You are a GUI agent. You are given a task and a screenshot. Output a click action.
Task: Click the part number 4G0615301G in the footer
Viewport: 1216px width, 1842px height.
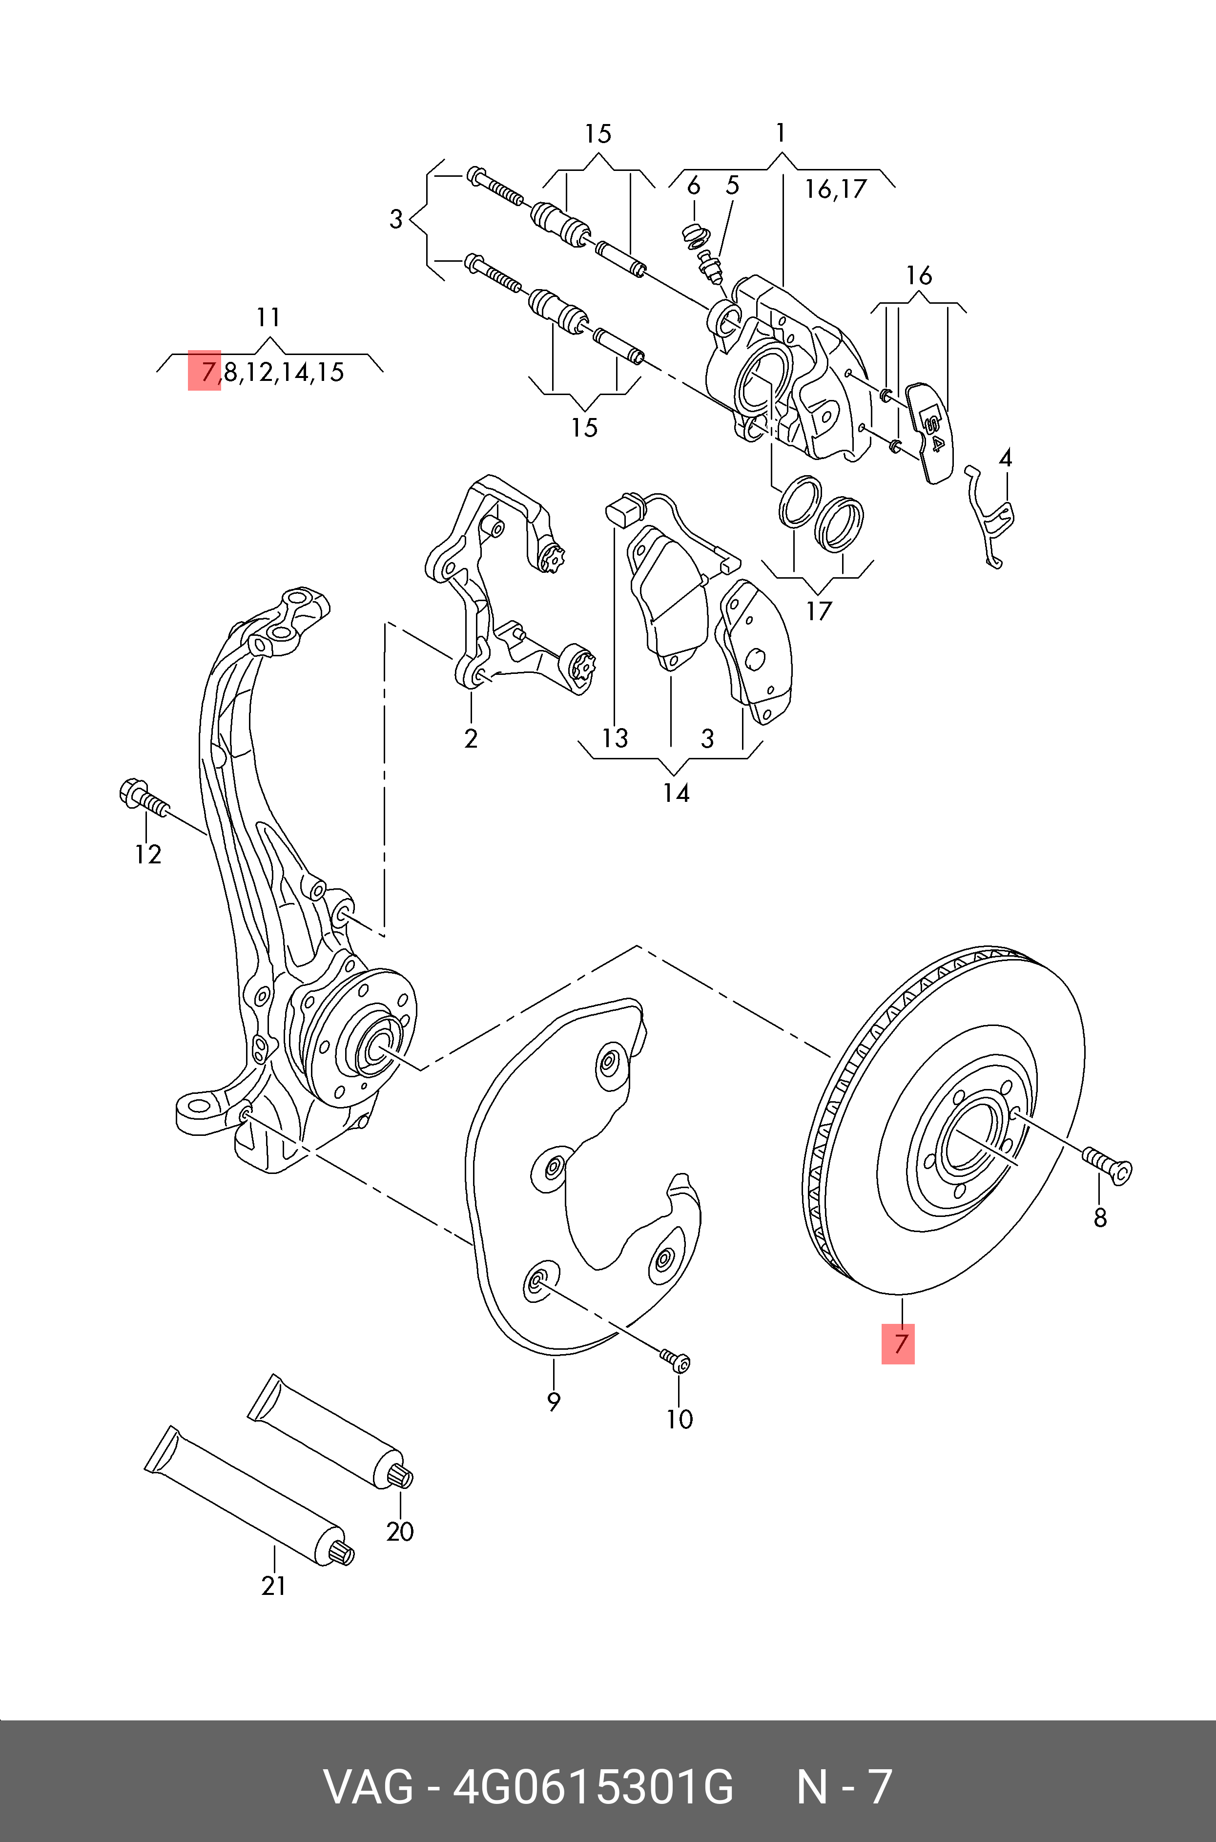pyautogui.click(x=593, y=1786)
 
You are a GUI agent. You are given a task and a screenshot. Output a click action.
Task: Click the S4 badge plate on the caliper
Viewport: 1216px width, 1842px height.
pyautogui.click(x=930, y=430)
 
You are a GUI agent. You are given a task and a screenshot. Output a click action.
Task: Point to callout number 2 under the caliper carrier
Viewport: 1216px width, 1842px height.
pyautogui.click(x=471, y=738)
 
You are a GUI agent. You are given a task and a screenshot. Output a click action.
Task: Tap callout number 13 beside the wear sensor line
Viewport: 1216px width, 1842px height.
pyautogui.click(x=615, y=738)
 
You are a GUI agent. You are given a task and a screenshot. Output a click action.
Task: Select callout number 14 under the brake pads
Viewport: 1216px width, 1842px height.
pyautogui.click(x=676, y=793)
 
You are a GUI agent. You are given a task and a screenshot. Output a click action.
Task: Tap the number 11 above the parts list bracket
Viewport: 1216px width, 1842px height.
pyautogui.click(x=268, y=317)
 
